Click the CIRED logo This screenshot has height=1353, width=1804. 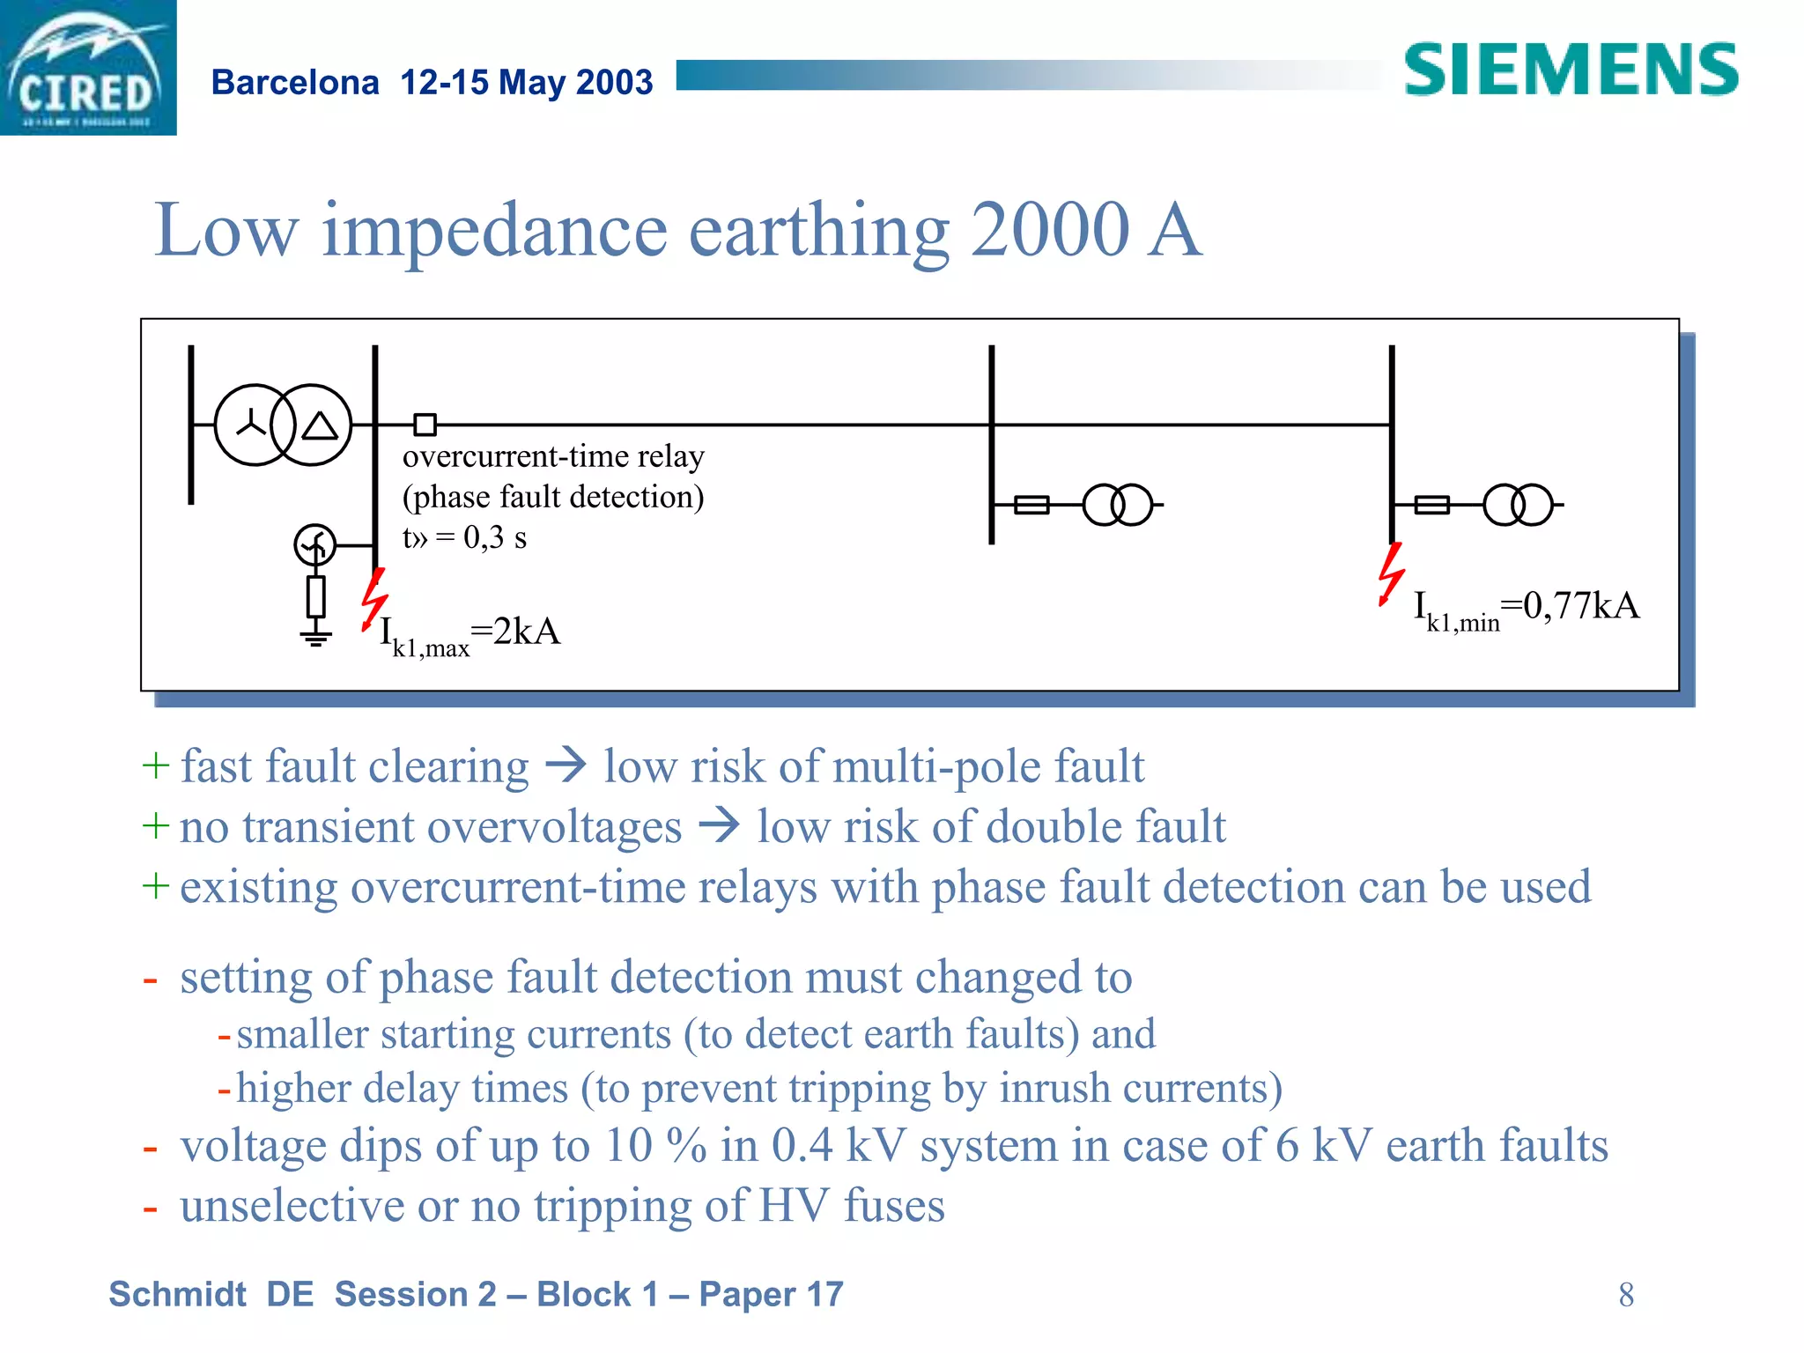tap(87, 68)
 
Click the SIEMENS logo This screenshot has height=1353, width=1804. tap(1571, 70)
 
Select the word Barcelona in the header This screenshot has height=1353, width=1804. tap(295, 83)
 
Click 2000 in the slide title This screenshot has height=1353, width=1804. tap(1049, 230)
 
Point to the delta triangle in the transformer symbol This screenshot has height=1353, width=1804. tap(320, 427)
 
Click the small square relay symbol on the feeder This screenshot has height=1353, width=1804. tap(425, 425)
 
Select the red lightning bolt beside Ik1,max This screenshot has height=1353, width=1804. tap(374, 599)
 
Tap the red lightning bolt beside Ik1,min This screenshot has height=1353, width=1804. tap(1391, 573)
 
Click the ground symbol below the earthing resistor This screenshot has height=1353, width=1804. tap(315, 636)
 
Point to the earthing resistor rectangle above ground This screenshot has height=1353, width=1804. tap(315, 596)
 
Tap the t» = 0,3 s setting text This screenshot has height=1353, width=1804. tap(464, 537)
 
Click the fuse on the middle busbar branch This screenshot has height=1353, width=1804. tap(1031, 505)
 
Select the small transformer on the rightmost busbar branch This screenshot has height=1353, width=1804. tap(1518, 505)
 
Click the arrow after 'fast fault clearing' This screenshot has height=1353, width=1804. tap(566, 765)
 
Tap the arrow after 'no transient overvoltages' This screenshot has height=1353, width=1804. tap(719, 825)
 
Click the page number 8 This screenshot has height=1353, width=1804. tap(1626, 1295)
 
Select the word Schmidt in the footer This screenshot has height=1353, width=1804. tap(177, 1295)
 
